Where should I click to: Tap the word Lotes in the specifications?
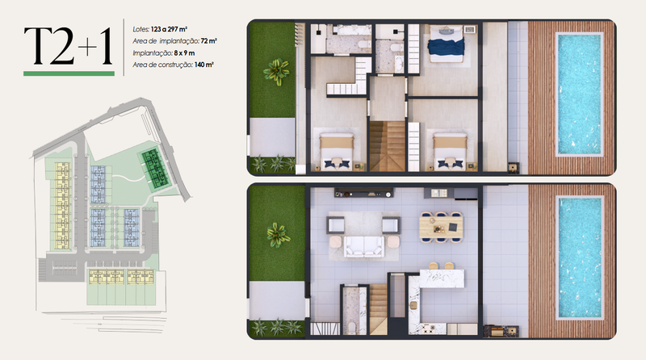tap(141, 29)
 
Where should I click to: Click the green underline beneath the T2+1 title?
tap(68, 73)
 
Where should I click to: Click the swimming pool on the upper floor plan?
tap(580, 94)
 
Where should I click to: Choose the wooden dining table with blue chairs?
tap(440, 227)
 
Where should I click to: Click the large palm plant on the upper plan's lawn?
tap(278, 72)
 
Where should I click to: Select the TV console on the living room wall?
tap(366, 194)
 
